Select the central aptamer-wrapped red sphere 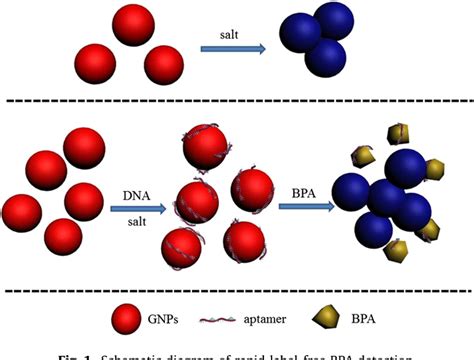[x=197, y=200]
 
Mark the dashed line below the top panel [x=237, y=100]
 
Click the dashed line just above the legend [x=237, y=291]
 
